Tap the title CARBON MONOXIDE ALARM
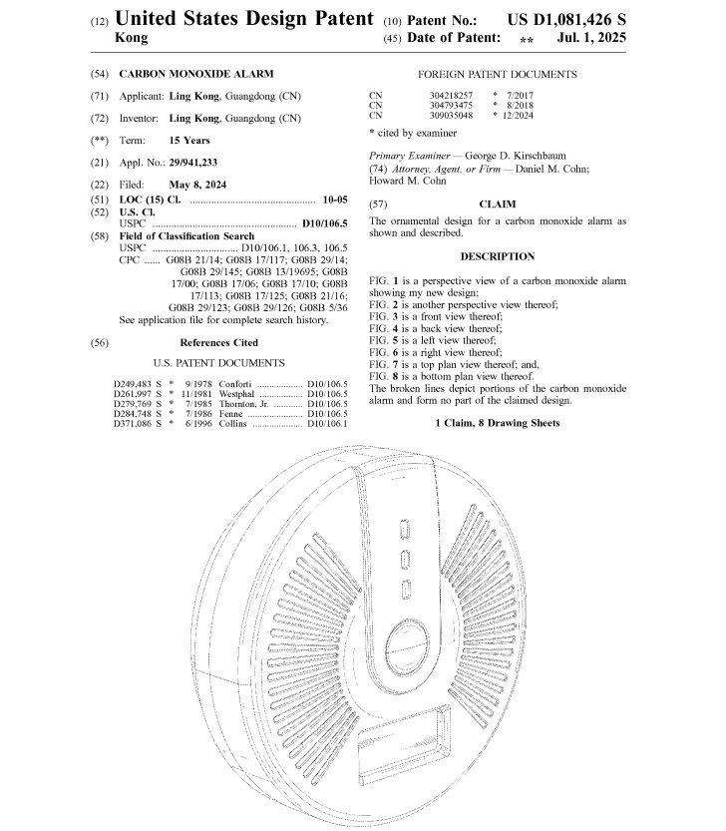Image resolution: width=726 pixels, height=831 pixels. pyautogui.click(x=195, y=74)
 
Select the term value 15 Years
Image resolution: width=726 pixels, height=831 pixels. pyautogui.click(x=189, y=141)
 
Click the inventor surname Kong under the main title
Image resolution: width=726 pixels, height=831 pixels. pyautogui.click(x=132, y=38)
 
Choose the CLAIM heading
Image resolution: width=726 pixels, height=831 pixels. pyautogui.click(x=498, y=204)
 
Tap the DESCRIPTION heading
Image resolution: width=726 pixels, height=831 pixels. pyautogui.click(x=498, y=256)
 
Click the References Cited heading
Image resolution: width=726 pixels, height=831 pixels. pyautogui.click(x=211, y=342)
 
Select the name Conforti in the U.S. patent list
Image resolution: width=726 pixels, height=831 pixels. pyautogui.click(x=237, y=384)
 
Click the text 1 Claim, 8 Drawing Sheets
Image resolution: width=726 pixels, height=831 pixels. pyautogui.click(x=498, y=424)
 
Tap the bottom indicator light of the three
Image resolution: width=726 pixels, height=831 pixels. pyautogui.click(x=406, y=589)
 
